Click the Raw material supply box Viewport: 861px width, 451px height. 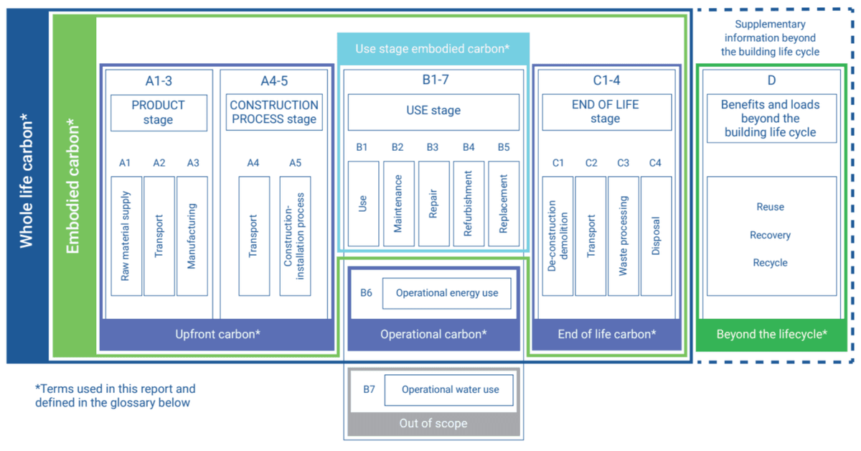pos(126,236)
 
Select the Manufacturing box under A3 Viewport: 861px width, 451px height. pos(192,236)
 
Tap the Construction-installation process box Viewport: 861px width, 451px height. pos(295,236)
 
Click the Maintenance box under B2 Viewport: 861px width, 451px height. pos(398,203)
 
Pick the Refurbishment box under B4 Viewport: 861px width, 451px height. pos(469,203)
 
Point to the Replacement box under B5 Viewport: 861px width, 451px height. pos(504,203)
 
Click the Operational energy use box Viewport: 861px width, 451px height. pos(446,293)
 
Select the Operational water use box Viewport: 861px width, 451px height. pos(450,390)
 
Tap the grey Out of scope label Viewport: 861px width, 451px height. pos(433,424)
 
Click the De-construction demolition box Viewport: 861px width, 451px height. pos(557,236)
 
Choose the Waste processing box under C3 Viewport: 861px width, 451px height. pos(623,236)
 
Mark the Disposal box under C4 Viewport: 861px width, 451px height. pos(656,236)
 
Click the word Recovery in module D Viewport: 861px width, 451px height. pos(770,235)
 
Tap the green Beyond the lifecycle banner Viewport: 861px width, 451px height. pos(771,334)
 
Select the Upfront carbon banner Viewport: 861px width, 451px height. pos(217,334)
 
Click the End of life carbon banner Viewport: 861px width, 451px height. pos(606,334)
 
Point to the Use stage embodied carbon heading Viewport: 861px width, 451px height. pos(433,49)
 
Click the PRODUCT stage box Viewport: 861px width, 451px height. pos(159,112)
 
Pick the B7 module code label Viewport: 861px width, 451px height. pos(369,389)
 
